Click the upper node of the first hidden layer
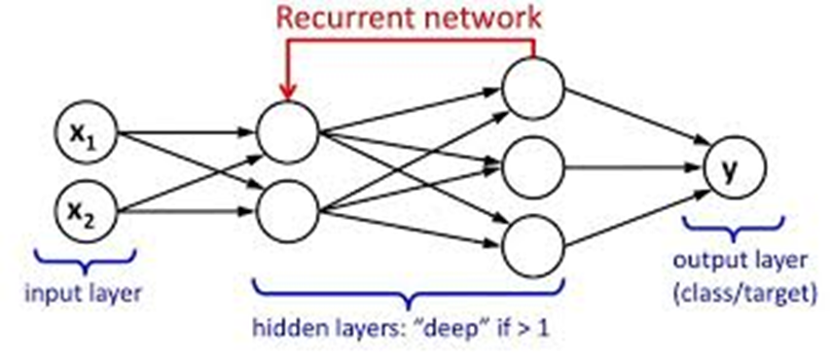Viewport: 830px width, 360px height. point(288,129)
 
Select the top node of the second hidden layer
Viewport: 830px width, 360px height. point(533,86)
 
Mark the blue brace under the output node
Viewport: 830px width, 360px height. point(737,230)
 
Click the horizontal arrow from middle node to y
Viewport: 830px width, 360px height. point(632,165)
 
